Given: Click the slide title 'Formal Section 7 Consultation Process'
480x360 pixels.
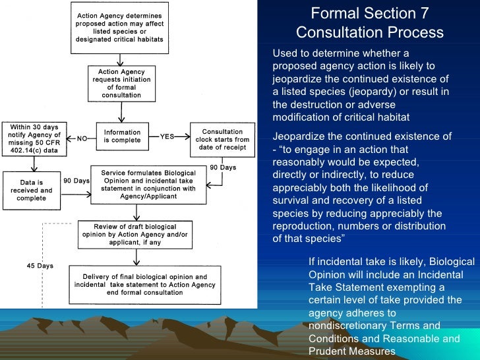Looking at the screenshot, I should coord(369,23).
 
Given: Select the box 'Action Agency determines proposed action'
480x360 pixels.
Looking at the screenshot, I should coord(119,27).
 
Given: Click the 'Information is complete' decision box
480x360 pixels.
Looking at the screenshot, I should coord(122,136).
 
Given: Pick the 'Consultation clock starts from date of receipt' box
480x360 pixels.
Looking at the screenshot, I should coord(222,139).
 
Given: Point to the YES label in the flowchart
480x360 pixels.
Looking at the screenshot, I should coord(167,137).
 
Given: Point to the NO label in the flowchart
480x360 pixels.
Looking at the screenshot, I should coord(82,138).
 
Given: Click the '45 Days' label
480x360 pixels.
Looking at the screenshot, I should coord(36,266).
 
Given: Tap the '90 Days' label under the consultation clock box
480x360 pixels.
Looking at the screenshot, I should coord(223,167).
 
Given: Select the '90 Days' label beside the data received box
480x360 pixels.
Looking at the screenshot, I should coord(76,181).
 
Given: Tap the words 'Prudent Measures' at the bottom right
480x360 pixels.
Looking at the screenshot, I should coord(352,351).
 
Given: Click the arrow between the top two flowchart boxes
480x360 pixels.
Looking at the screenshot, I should coord(120,58).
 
